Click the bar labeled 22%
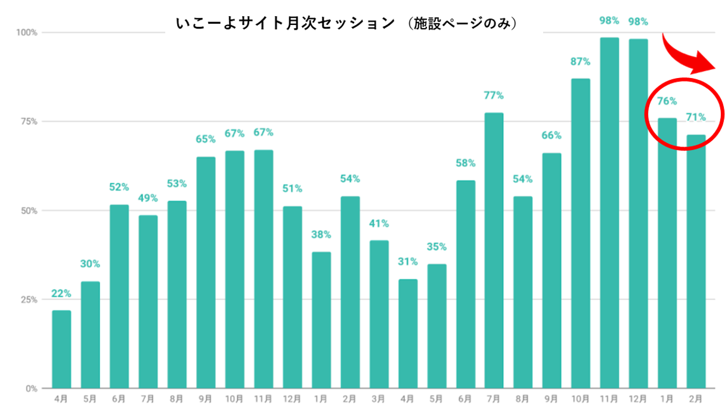[x=61, y=349]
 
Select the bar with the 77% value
[x=494, y=250]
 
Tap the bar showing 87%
[x=581, y=233]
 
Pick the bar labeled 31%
[x=408, y=334]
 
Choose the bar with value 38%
[x=321, y=320]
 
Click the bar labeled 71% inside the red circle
[x=696, y=261]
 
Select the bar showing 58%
[x=466, y=284]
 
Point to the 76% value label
[x=667, y=101]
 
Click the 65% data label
[x=206, y=139]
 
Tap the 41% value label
[x=379, y=223]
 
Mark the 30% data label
[x=91, y=264]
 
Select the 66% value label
[x=552, y=135]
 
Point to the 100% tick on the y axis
[x=27, y=32]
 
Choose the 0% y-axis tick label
[x=32, y=388]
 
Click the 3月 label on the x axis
[x=379, y=398]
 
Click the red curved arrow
[x=692, y=55]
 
